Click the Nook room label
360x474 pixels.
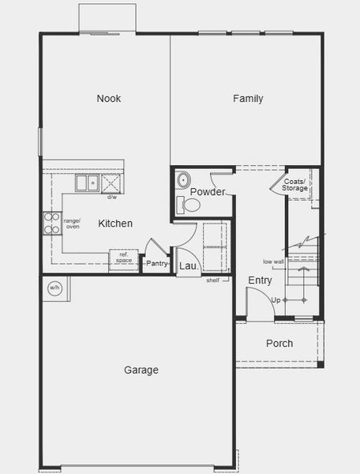coord(109,99)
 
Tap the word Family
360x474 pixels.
coord(248,99)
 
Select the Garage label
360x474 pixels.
coord(141,370)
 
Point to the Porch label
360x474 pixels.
coord(279,344)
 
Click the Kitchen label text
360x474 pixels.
coord(115,224)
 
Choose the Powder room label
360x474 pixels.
coord(208,192)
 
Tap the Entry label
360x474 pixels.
coord(261,280)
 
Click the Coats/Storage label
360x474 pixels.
coord(294,185)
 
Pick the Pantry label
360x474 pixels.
coord(157,263)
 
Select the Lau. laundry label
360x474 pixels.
coord(189,266)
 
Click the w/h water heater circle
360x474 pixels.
coord(54,288)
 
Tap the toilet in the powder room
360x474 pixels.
coord(191,205)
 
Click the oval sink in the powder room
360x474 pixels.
coord(182,179)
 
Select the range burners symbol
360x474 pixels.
coord(52,224)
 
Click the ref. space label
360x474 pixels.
coord(124,258)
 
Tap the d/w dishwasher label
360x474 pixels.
coord(111,197)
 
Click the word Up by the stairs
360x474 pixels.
coord(276,300)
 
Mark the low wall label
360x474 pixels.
coord(274,261)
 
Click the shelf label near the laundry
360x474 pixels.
coord(213,280)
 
